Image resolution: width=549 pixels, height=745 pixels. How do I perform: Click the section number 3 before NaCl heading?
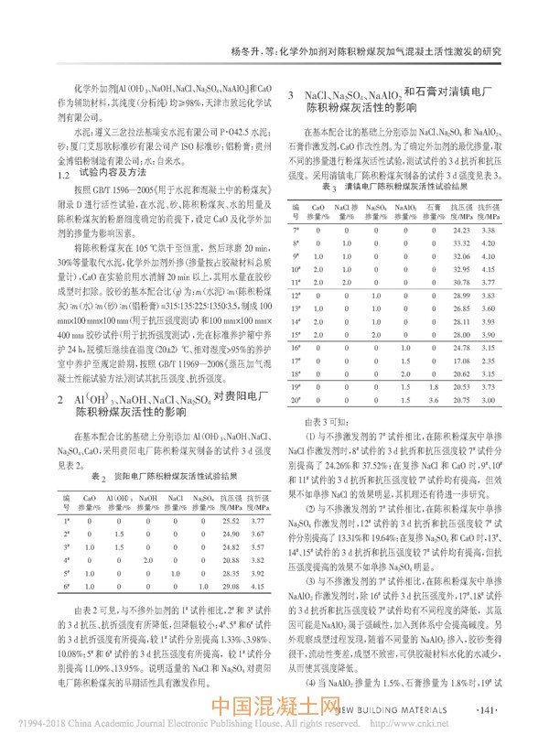click(290, 95)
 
